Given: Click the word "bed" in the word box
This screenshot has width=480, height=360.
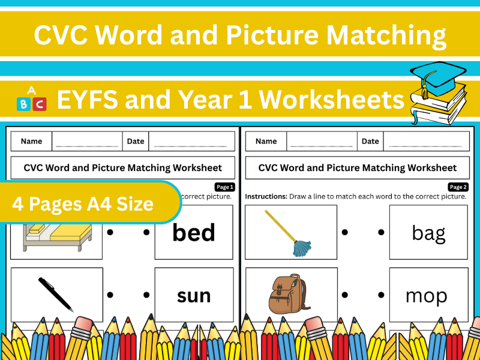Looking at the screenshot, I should click(194, 233).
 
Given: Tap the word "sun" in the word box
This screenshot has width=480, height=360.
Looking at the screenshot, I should click(194, 295).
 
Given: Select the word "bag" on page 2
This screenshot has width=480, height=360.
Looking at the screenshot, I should click(428, 233).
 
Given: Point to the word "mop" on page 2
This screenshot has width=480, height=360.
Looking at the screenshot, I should click(427, 296).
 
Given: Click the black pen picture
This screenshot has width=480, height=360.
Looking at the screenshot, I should click(56, 294).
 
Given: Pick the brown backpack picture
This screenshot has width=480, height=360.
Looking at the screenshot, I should click(286, 295).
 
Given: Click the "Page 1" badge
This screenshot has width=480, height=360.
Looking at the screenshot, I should click(224, 187).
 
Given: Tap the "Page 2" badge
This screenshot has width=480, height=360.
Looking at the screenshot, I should click(458, 187).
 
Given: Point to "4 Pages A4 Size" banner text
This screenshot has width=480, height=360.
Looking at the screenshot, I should click(83, 204).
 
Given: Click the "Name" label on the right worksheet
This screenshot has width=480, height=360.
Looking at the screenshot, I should click(266, 142).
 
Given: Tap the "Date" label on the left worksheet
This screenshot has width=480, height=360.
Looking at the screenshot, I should click(136, 142).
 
